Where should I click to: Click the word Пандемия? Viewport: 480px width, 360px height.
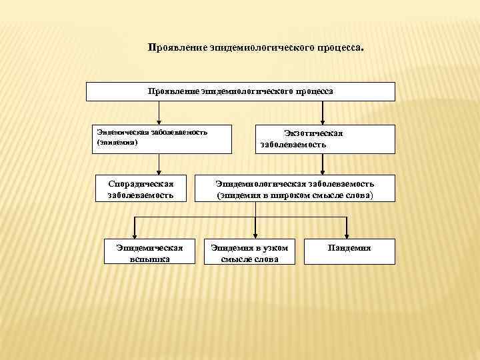click(349, 248)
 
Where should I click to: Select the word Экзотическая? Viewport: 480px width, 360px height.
click(313, 133)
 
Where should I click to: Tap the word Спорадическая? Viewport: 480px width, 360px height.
click(140, 183)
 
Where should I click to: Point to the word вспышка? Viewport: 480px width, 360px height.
click(150, 259)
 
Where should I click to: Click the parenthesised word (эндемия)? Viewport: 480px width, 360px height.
click(118, 142)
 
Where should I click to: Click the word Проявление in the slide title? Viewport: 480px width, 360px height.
click(177, 49)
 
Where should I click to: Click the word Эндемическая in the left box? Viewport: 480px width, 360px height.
click(123, 132)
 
